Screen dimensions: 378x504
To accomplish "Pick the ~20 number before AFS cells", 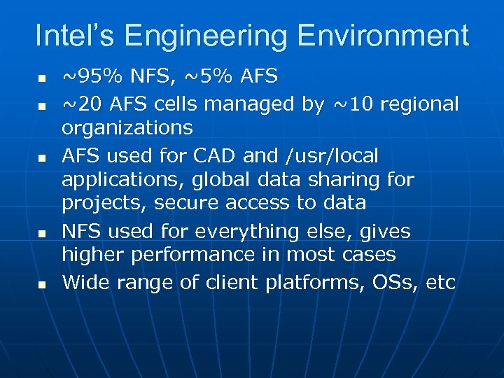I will click(x=80, y=104).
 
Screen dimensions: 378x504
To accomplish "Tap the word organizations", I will click(x=127, y=128).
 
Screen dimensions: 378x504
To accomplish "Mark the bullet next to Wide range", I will click(x=42, y=284).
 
